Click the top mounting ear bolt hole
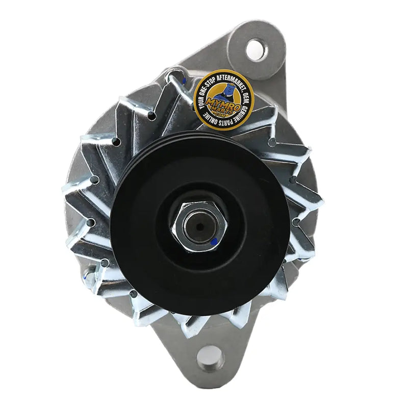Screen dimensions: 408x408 [257, 49]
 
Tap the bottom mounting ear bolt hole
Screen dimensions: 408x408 [210, 359]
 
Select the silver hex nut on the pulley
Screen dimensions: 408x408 [198, 226]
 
